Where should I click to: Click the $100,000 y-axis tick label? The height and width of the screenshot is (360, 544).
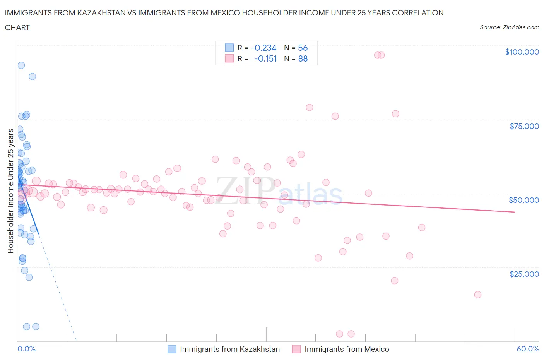(522, 52)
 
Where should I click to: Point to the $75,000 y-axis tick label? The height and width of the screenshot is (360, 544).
(524, 126)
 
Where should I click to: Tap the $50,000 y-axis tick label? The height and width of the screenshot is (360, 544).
(523, 200)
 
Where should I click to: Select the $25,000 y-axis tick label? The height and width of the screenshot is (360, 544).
(524, 274)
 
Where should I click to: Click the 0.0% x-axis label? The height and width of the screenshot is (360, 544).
(26, 349)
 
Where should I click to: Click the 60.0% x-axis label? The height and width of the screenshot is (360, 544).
(528, 349)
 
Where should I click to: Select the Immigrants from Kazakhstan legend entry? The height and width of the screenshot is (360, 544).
(229, 349)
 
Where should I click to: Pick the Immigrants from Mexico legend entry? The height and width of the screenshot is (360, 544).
(346, 349)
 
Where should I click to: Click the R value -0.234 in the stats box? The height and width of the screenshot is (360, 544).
(263, 48)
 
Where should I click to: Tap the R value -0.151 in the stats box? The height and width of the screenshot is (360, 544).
(265, 58)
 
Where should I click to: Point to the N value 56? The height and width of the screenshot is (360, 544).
(303, 48)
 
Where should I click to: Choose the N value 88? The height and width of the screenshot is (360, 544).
(303, 58)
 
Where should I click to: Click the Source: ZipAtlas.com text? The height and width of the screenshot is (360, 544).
(509, 27)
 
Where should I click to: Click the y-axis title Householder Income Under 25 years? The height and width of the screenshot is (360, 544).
(10, 191)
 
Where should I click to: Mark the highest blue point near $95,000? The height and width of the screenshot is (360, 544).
(21, 65)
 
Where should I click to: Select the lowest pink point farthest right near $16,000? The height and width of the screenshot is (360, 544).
(477, 295)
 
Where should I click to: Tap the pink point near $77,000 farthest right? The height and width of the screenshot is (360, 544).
(395, 114)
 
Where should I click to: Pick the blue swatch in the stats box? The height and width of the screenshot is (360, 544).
(229, 48)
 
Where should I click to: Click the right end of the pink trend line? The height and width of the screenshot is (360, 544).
(515, 212)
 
